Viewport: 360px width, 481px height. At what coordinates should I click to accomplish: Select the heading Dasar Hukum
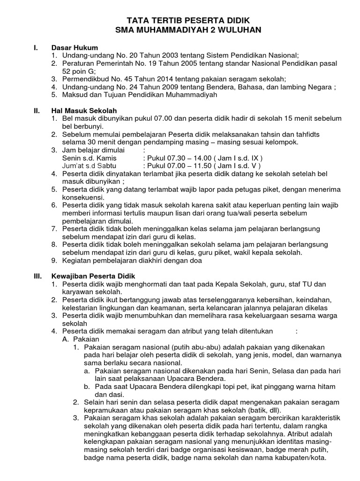[x=75, y=48]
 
